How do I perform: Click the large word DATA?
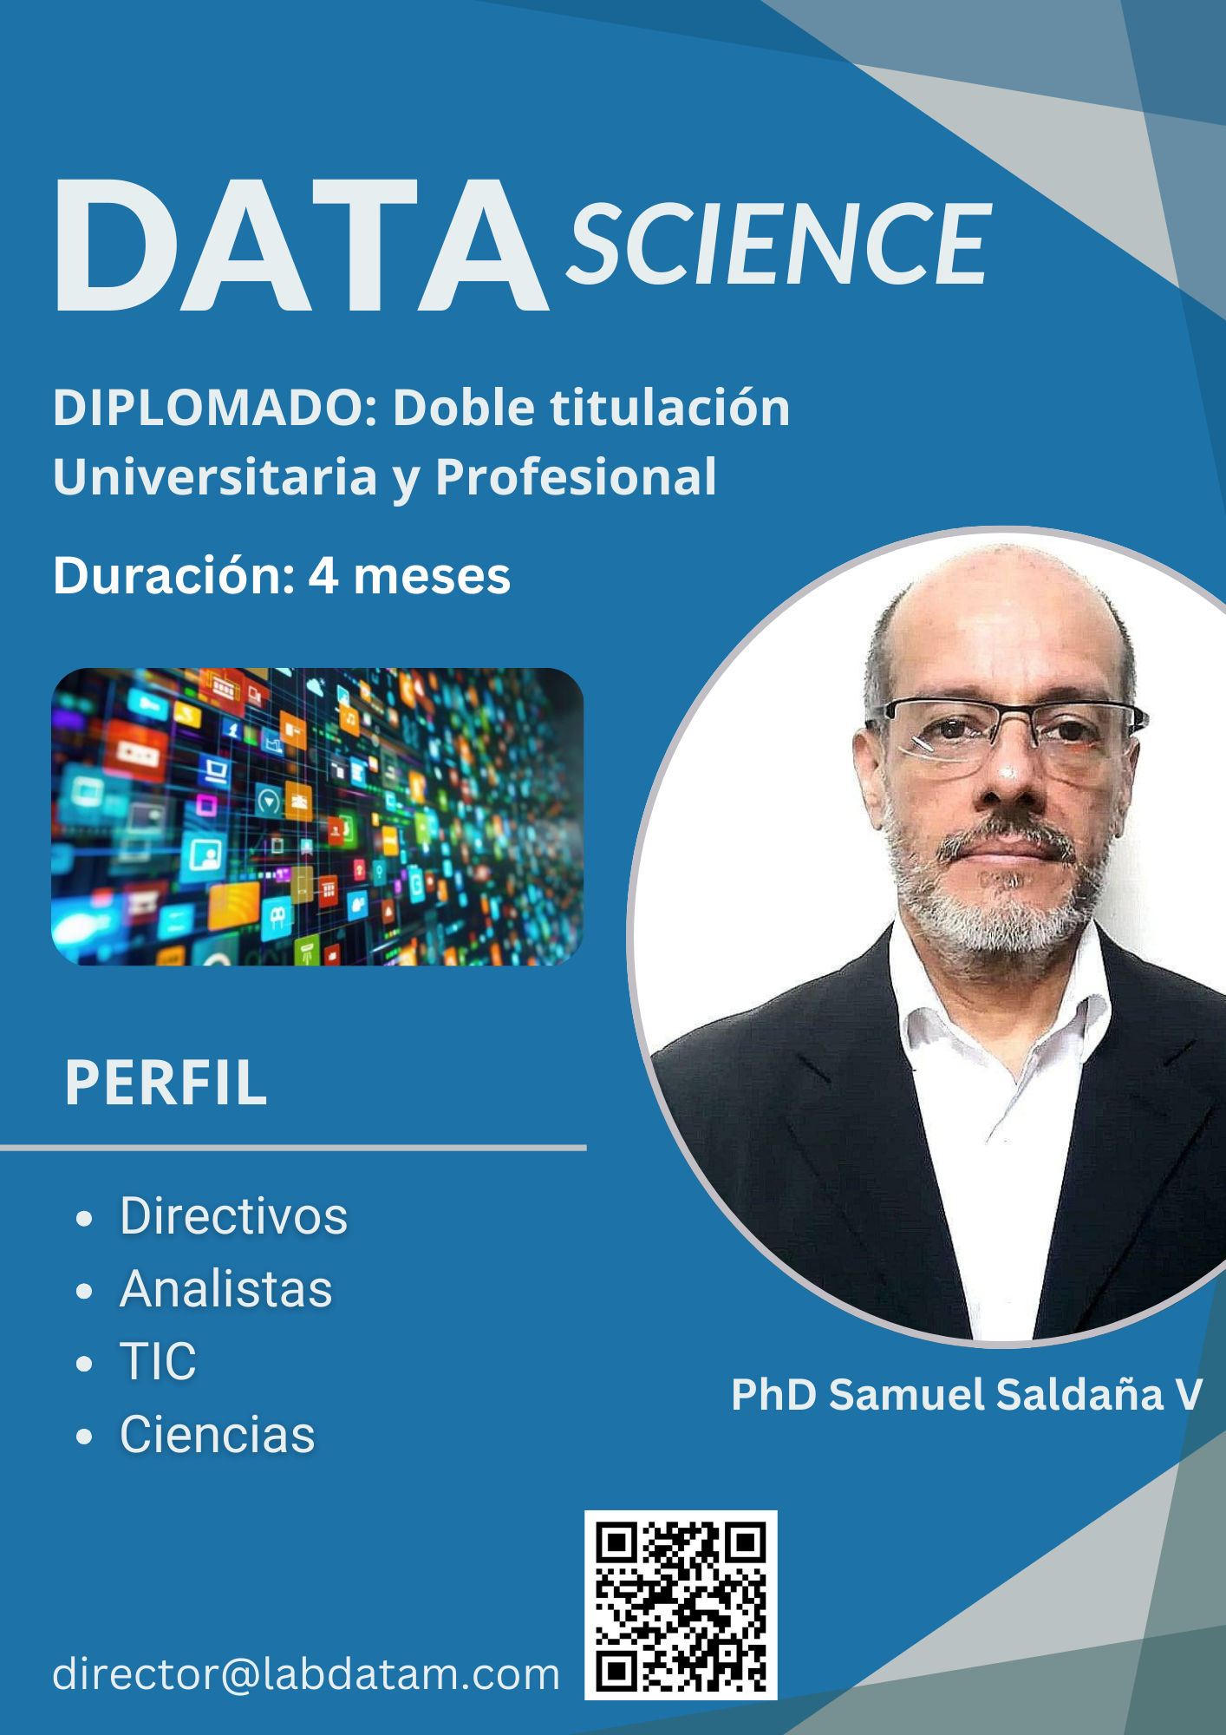click(301, 246)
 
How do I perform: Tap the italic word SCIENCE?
click(779, 244)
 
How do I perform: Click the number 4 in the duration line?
click(323, 575)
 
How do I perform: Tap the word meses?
click(432, 577)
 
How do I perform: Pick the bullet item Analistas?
click(225, 1288)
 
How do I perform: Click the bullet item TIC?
click(158, 1361)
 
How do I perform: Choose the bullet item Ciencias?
click(217, 1434)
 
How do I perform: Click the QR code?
click(681, 1605)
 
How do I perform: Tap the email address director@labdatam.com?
click(306, 1674)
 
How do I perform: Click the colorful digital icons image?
click(317, 816)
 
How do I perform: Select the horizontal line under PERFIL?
click(293, 1148)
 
